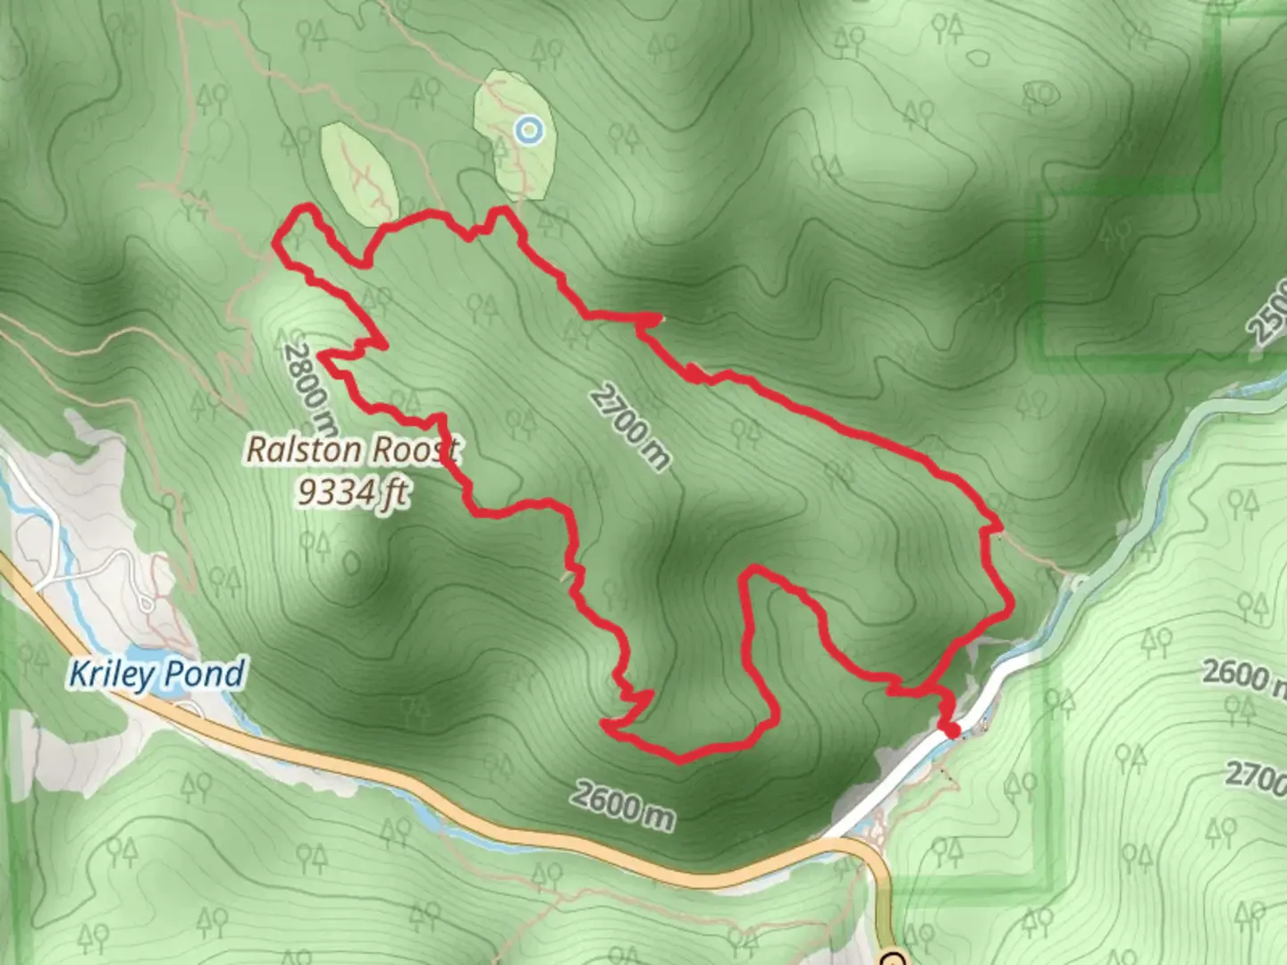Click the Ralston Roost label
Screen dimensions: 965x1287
352,449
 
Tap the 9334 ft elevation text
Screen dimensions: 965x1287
354,491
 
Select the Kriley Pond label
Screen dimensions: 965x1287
157,674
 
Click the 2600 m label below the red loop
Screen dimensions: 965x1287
623,803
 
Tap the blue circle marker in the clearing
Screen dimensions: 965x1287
530,131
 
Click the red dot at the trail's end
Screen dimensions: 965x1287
953,732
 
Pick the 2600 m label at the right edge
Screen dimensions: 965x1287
1244,675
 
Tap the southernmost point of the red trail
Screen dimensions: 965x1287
680,761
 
